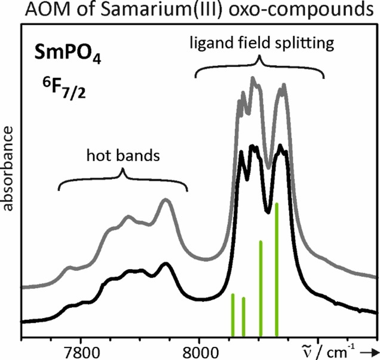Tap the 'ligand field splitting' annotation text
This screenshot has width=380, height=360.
(259, 44)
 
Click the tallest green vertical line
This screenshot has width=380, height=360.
(277, 269)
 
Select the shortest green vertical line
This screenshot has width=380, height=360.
(243, 316)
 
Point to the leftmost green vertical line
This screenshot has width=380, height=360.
(232, 315)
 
